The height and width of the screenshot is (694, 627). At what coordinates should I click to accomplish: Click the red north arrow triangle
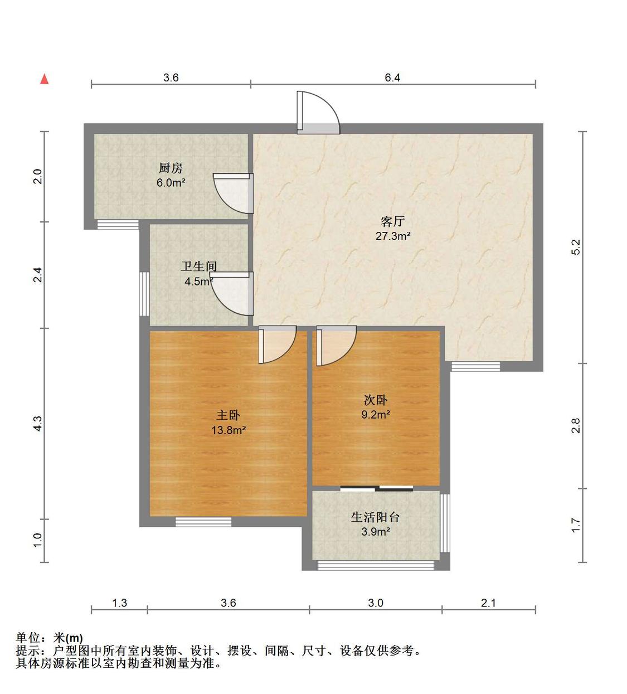44,79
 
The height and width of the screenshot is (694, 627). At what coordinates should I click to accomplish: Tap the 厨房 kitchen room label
171,168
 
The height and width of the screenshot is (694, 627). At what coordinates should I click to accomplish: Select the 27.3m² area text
393,236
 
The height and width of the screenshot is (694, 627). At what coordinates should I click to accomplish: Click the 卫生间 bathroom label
199,266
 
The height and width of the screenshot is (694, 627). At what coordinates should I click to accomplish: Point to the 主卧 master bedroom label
229,415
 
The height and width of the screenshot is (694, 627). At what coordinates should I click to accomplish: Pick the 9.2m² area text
376,415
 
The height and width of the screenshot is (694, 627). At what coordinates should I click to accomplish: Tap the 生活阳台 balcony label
376,517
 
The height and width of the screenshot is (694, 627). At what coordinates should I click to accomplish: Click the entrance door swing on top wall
318,113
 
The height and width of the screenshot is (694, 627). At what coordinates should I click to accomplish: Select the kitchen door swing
233,193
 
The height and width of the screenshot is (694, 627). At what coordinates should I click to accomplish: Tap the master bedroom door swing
278,344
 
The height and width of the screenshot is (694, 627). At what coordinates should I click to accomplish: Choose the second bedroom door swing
336,346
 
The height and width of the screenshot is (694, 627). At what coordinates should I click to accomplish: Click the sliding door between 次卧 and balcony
376,488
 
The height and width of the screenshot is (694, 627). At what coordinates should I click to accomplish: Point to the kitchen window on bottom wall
118,225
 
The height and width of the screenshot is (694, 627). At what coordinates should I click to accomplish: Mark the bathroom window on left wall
144,294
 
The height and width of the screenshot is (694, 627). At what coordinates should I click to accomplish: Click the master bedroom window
203,522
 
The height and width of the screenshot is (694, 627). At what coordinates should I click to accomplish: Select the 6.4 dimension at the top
392,77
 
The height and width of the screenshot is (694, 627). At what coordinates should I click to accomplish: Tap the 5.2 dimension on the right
576,247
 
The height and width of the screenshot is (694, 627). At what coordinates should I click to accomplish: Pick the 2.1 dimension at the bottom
489,603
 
